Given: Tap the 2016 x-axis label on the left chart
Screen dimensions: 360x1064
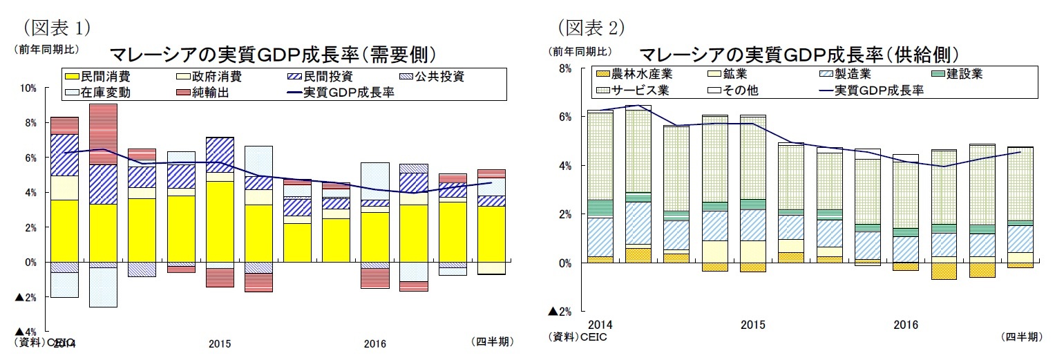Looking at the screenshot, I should tap(376, 343).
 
